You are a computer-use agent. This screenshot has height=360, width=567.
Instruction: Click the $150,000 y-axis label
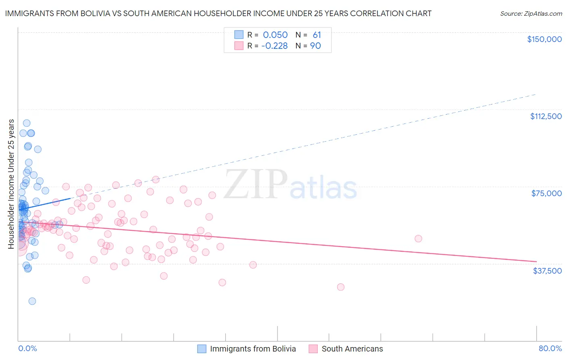(x=544, y=39)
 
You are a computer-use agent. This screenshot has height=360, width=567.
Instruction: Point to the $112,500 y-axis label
(x=546, y=116)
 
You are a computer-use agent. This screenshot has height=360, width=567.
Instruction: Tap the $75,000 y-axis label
(x=546, y=193)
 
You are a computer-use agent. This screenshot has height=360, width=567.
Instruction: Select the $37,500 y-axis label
(x=547, y=271)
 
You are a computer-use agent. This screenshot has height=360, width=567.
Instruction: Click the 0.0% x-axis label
(x=27, y=348)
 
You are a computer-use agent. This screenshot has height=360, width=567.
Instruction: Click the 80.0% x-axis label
(x=550, y=348)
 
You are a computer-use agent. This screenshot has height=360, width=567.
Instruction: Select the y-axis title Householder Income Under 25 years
(x=11, y=184)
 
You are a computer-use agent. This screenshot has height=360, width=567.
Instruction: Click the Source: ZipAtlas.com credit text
(x=531, y=14)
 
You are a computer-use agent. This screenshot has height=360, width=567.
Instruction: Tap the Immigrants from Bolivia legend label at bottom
(x=253, y=349)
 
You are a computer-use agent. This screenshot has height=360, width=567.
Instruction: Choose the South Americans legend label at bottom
(x=352, y=349)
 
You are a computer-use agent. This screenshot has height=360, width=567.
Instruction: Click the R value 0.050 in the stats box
(x=275, y=35)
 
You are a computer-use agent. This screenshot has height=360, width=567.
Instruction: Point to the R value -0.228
(x=274, y=46)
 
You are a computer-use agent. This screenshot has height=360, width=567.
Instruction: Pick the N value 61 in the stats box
(x=317, y=35)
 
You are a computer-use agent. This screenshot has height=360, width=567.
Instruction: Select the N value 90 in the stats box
(x=315, y=46)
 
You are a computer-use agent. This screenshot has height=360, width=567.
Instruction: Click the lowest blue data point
(x=32, y=301)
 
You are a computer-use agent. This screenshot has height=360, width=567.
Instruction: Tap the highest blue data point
(x=27, y=123)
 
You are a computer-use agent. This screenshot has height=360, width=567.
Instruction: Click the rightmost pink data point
(x=418, y=239)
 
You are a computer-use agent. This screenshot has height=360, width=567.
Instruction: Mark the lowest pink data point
(x=341, y=287)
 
